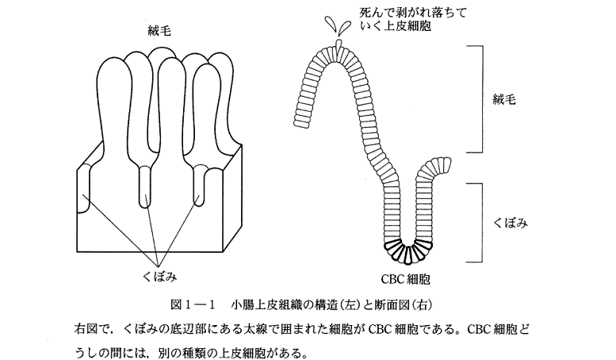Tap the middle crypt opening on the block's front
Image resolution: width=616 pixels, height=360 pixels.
click(145, 184)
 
